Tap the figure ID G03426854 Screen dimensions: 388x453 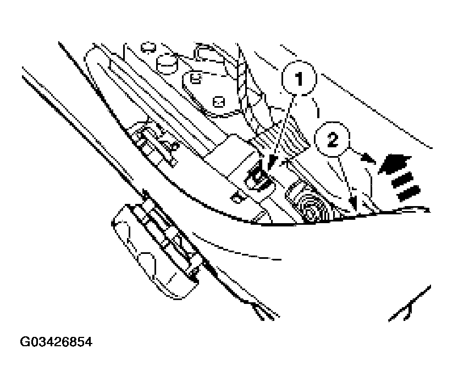[x=57, y=342]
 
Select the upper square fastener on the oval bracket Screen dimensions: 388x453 [x=194, y=78]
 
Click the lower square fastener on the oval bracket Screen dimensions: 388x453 [x=218, y=102]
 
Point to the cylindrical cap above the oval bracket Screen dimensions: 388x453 [x=167, y=65]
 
